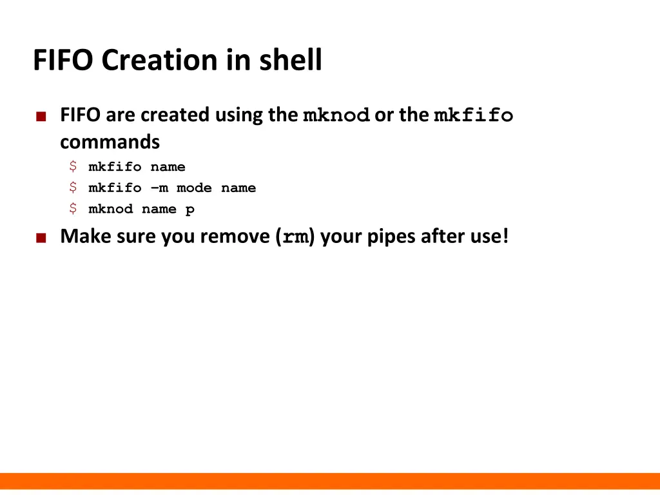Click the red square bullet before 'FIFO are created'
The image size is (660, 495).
(41, 117)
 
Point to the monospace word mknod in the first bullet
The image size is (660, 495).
(336, 116)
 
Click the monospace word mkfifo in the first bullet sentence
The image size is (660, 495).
(473, 116)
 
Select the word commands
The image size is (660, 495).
(110, 141)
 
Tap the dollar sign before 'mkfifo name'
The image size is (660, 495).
(73, 167)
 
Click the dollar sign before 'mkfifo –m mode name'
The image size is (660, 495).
(73, 188)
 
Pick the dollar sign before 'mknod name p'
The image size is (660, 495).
(73, 209)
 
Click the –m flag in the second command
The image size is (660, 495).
(159, 188)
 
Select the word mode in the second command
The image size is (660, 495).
(194, 188)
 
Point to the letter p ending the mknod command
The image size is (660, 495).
(190, 210)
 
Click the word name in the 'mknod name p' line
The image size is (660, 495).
(159, 209)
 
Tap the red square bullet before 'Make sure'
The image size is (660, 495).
(41, 238)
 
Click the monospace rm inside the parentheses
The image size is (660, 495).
(295, 237)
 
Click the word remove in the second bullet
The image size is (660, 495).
(235, 237)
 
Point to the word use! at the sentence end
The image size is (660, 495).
(489, 237)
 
